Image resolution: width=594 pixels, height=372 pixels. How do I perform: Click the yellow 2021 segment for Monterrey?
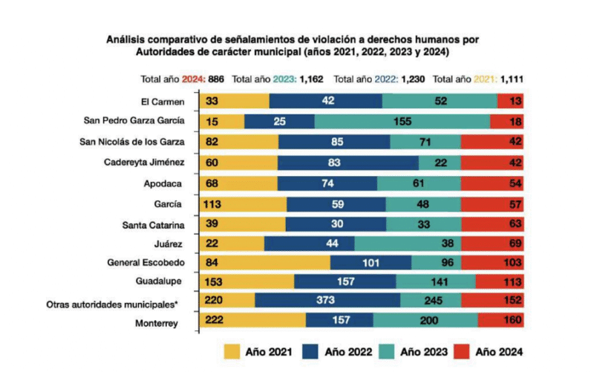coord(252,320)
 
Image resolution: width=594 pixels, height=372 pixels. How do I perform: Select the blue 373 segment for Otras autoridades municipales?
coord(327,300)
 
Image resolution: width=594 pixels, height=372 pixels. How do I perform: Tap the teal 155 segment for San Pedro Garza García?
coord(402,121)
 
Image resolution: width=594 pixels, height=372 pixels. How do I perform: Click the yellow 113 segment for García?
coord(243,202)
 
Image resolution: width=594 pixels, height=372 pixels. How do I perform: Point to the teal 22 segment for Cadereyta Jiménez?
coord(440,162)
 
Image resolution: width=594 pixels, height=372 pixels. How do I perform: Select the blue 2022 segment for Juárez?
coord(310,242)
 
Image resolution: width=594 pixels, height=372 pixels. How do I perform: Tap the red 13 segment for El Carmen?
coord(510,102)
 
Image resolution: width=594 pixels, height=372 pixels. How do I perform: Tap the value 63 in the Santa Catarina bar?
coord(511,223)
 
